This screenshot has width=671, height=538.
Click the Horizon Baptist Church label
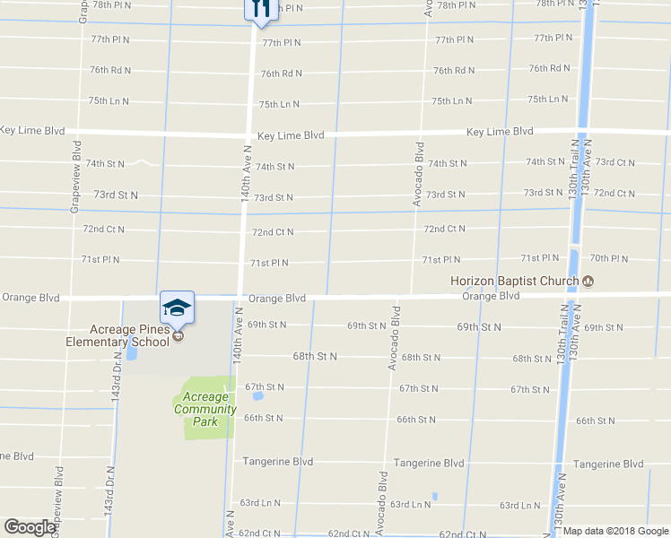pyautogui.click(x=514, y=281)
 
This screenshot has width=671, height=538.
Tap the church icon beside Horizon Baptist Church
pyautogui.click(x=588, y=282)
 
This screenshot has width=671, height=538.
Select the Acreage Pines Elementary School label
pyautogui.click(x=117, y=336)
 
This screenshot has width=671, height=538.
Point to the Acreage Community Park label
pyautogui.click(x=208, y=409)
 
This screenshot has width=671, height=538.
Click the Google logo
pyautogui.click(x=30, y=527)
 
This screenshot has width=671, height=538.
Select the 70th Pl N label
pyautogui.click(x=609, y=258)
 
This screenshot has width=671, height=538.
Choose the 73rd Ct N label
pyautogui.click(x=614, y=162)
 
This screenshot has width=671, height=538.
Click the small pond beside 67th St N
pyautogui.click(x=258, y=395)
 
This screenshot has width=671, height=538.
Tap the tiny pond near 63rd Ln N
pyautogui.click(x=434, y=496)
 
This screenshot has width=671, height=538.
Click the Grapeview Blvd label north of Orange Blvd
pyautogui.click(x=76, y=177)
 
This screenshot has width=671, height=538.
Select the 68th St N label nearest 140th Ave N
pyautogui.click(x=315, y=356)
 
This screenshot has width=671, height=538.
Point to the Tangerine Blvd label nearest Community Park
pyautogui.click(x=278, y=462)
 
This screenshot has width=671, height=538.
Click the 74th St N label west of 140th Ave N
pyautogui.click(x=105, y=164)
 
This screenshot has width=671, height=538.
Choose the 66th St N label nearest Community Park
pyautogui.click(x=264, y=418)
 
